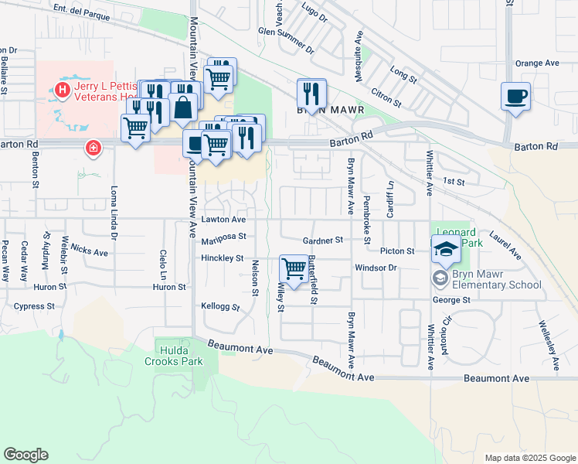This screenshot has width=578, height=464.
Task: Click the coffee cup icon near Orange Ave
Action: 515,97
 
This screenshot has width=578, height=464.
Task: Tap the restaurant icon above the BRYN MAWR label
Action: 311,94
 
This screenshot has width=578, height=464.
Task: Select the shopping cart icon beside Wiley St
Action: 294,269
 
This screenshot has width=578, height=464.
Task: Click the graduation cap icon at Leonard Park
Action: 446,249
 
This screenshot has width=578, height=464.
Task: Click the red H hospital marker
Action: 60,92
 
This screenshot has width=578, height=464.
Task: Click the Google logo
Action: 25,455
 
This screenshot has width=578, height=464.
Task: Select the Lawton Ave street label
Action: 223,220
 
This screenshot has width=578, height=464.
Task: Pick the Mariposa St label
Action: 223,238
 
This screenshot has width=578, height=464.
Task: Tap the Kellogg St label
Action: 220,307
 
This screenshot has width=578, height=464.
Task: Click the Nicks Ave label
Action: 89,252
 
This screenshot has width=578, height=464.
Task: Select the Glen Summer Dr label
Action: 287,41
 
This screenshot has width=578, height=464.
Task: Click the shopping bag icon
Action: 183,107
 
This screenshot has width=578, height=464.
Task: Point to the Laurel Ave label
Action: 505,245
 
